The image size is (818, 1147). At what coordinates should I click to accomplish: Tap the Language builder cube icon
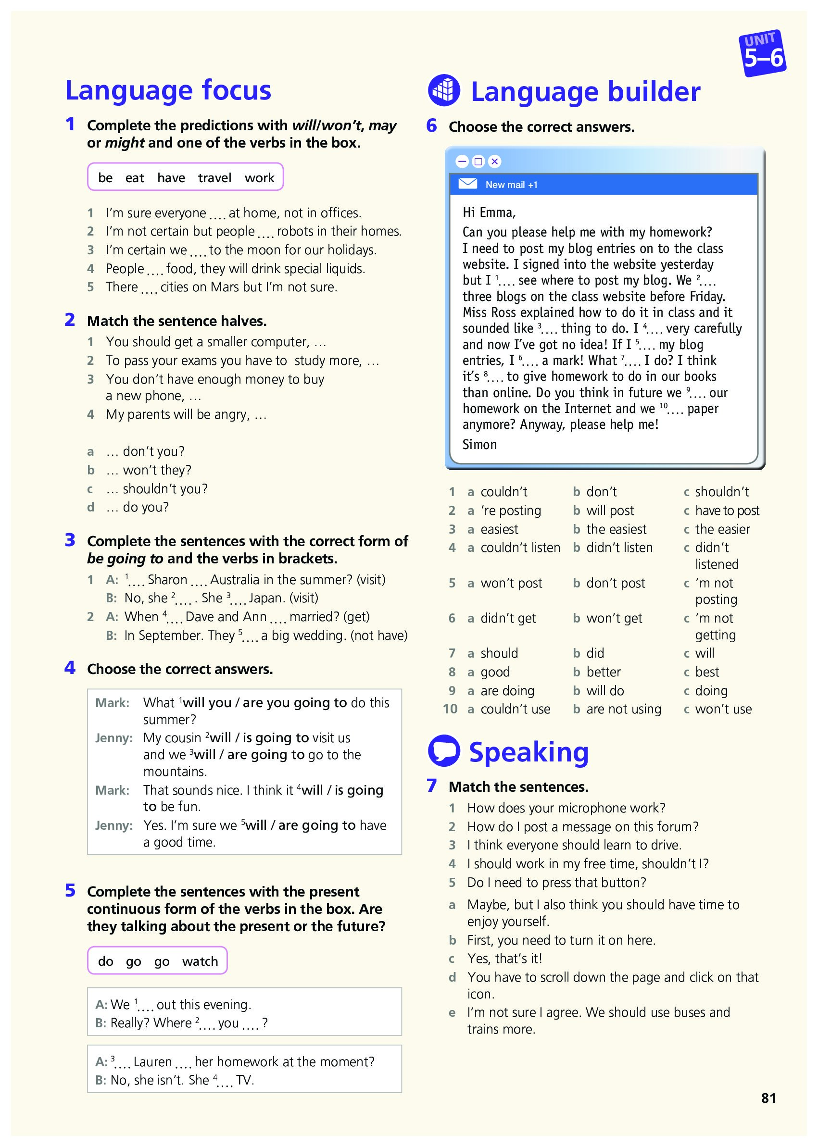443,91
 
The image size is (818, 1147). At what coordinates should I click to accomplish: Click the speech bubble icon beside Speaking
443,751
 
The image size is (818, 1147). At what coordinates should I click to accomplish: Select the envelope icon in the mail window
467,184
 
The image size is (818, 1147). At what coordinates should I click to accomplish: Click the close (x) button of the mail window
495,161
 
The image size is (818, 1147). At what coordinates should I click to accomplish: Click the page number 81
768,1098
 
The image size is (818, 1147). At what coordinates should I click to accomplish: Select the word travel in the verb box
214,178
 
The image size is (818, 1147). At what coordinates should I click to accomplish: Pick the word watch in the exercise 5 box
200,961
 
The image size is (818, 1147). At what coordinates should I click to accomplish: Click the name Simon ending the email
479,444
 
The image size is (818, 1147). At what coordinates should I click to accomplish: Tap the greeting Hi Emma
489,212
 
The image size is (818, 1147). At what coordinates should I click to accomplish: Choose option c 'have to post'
727,511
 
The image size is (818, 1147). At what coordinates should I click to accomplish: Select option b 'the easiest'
616,529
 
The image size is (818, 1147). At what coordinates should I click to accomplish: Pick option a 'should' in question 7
499,653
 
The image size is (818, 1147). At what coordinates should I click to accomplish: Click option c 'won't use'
723,709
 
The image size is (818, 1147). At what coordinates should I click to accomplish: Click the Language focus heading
168,91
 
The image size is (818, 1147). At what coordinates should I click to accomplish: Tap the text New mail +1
511,185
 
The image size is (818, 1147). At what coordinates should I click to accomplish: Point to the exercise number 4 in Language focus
70,668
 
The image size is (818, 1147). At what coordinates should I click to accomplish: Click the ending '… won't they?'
149,470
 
